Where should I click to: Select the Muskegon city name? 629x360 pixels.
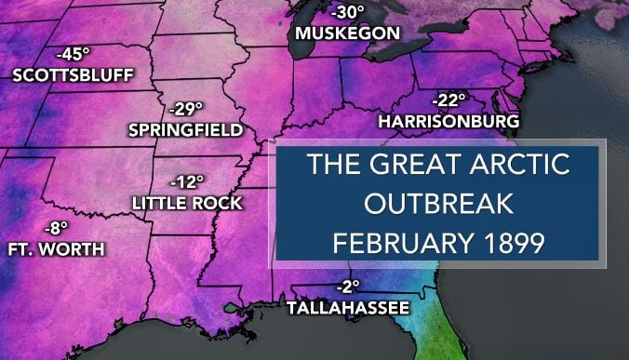[x=347, y=33]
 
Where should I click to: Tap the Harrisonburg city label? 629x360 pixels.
[x=448, y=120]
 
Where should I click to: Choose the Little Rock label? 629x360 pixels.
[x=187, y=202]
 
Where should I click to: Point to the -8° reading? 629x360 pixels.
[x=58, y=227]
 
